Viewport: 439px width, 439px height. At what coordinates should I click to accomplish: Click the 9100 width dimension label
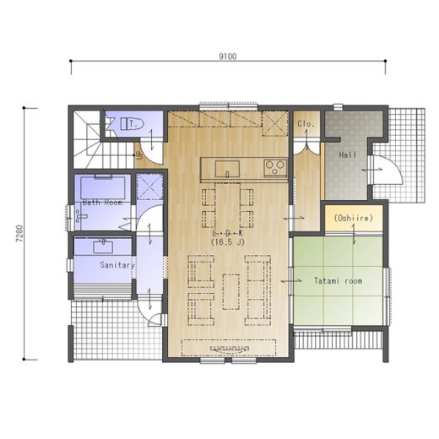[x=228, y=57]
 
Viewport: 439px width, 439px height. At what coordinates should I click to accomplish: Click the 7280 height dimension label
[x=19, y=233]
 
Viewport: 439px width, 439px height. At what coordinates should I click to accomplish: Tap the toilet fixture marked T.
[x=133, y=124]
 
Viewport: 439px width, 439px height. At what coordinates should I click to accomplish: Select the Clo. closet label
[x=306, y=124]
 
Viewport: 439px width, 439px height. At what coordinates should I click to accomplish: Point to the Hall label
[x=348, y=154]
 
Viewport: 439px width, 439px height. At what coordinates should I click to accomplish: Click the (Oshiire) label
[x=354, y=218]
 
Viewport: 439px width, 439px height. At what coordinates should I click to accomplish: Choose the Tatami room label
[x=338, y=280]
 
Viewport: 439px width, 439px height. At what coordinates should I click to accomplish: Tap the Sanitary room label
[x=117, y=265]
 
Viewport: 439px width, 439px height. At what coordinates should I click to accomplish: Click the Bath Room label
[x=102, y=203]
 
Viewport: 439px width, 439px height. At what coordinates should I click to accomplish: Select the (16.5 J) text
[x=228, y=241]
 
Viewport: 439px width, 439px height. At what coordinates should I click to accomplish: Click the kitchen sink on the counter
[x=227, y=169]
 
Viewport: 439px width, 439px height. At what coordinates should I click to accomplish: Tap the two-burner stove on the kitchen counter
[x=275, y=168]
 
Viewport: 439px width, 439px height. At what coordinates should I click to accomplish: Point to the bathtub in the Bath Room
[x=103, y=187]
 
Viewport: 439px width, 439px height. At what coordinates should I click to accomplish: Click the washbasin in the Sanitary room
[x=103, y=247]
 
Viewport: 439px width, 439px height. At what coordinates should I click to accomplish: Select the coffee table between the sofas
[x=231, y=292]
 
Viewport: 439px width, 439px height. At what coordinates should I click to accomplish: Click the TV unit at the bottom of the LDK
[x=229, y=348]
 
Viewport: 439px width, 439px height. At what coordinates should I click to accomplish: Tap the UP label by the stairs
[x=138, y=155]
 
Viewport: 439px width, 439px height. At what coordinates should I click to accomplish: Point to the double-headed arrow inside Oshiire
[x=354, y=235]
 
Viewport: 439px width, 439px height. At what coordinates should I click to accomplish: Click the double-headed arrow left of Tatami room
[x=291, y=281]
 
